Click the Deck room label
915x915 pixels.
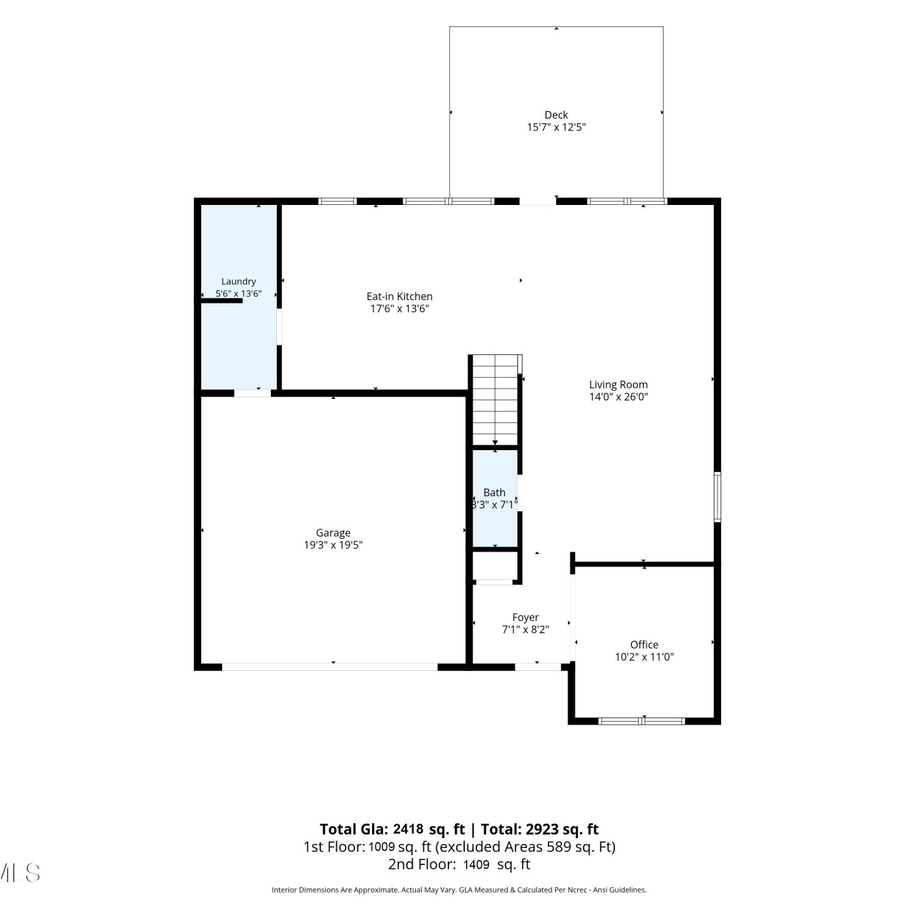(556, 115)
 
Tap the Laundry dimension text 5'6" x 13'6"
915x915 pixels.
(239, 293)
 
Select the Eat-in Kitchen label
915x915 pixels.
(400, 296)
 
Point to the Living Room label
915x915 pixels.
(618, 384)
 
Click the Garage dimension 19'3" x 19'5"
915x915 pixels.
(333, 545)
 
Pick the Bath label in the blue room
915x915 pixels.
(494, 492)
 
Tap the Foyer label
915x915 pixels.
(525, 617)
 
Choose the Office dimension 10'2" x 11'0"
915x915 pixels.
(644, 657)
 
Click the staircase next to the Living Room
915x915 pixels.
(495, 400)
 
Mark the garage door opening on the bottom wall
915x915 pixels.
(329, 667)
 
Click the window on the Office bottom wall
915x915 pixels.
(642, 721)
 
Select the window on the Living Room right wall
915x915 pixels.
(717, 497)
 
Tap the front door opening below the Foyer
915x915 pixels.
(538, 667)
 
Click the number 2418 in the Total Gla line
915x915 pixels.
(408, 829)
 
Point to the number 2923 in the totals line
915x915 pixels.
(542, 829)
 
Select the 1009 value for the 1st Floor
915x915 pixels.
(381, 847)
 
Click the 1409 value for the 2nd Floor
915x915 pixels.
(476, 864)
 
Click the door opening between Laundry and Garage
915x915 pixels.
(253, 393)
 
